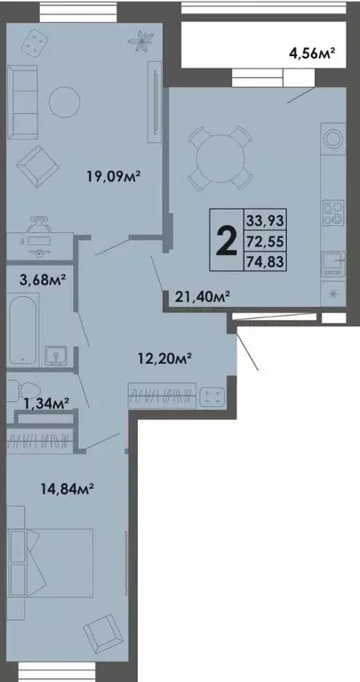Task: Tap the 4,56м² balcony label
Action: point(310,54)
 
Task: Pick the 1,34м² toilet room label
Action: point(45,405)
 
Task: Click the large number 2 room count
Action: point(227,239)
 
